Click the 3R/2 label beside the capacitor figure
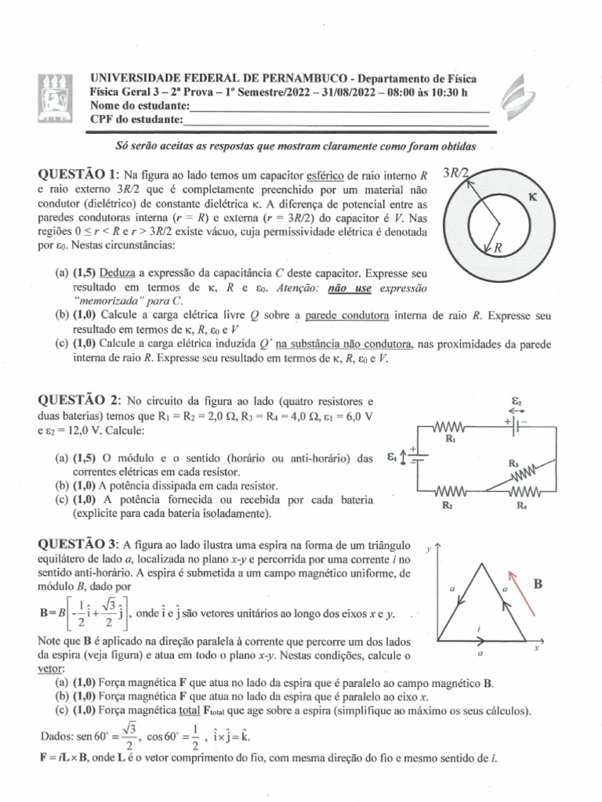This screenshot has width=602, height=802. pos(456,173)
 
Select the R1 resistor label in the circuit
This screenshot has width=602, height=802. pos(450,440)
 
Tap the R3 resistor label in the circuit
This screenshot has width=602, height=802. pos(514,463)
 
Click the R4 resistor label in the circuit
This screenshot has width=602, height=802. pos(521,505)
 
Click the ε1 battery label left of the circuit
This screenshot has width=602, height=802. pos(392,456)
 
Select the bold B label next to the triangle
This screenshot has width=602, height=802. pos(538,583)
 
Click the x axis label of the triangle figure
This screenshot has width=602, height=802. pos(538,648)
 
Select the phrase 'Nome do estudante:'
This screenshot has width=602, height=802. pos(140,106)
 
